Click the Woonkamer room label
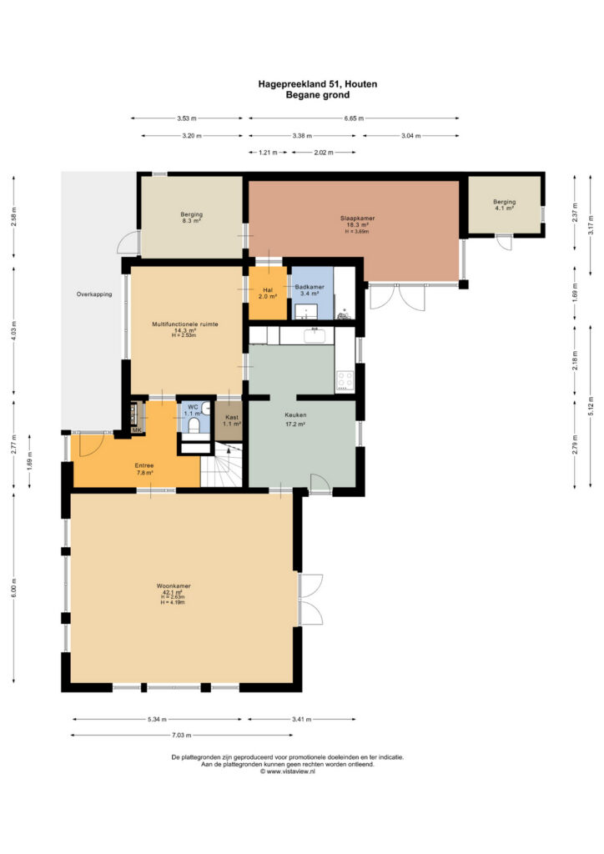pyautogui.click(x=174, y=586)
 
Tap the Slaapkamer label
pyautogui.click(x=357, y=219)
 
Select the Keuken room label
pyautogui.click(x=295, y=415)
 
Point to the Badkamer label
pyautogui.click(x=310, y=287)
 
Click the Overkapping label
pyautogui.click(x=94, y=294)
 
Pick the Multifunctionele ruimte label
pyautogui.click(x=185, y=324)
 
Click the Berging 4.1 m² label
pyautogui.click(x=505, y=205)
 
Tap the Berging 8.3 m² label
pyautogui.click(x=192, y=218)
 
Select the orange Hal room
pyautogui.click(x=268, y=293)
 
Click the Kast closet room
pyautogui.click(x=229, y=421)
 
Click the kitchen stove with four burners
pyautogui.click(x=345, y=380)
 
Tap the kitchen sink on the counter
pyautogui.click(x=315, y=335)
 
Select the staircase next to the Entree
pyautogui.click(x=222, y=465)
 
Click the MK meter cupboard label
pyautogui.click(x=137, y=430)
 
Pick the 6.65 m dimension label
pyautogui.click(x=354, y=118)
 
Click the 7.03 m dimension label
pyautogui.click(x=182, y=736)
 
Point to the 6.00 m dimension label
pyautogui.click(x=13, y=588)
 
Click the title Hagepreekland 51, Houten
pyautogui.click(x=318, y=84)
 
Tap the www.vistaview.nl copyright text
pyautogui.click(x=288, y=771)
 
